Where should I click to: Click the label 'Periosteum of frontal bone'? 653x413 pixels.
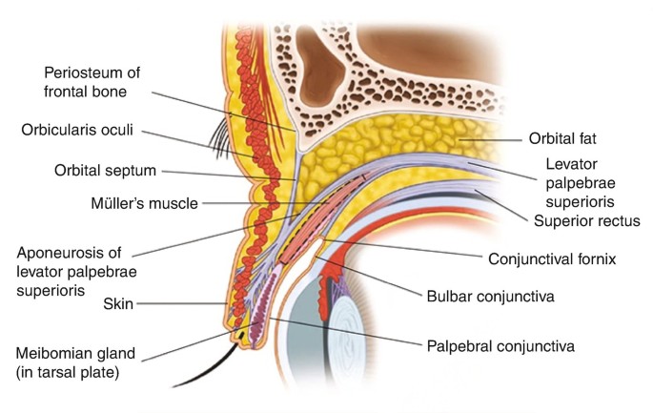(99, 81)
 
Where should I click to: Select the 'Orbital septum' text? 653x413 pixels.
(105, 172)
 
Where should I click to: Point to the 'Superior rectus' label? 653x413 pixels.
(584, 221)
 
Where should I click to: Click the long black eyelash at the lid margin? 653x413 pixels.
(214, 362)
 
